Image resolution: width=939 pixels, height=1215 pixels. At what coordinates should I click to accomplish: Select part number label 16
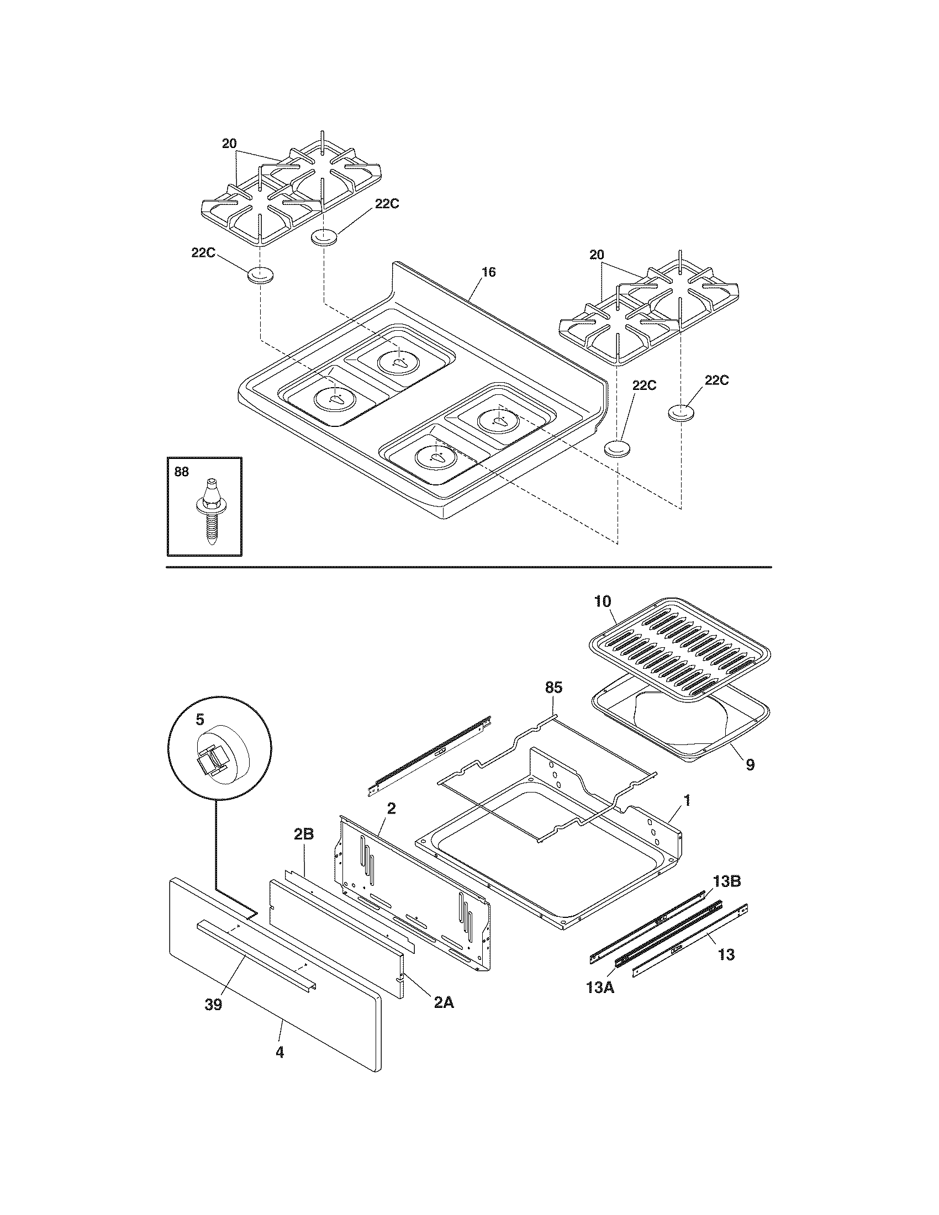click(x=488, y=272)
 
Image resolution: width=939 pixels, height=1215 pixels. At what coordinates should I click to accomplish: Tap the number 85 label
click(x=553, y=688)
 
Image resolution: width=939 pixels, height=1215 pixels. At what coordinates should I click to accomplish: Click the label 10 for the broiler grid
click(x=603, y=601)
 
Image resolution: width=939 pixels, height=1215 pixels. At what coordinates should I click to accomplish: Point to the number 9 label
click(x=750, y=765)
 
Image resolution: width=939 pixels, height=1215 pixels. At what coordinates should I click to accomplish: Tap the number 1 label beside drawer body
click(x=687, y=801)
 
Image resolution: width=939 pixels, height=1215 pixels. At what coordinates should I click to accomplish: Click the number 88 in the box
click(x=181, y=472)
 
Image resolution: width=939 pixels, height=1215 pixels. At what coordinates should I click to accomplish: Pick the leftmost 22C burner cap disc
click(x=260, y=276)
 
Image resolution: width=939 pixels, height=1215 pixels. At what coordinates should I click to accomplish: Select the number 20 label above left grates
click(x=229, y=144)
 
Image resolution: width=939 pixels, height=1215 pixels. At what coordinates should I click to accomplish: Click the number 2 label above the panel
click(x=391, y=809)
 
